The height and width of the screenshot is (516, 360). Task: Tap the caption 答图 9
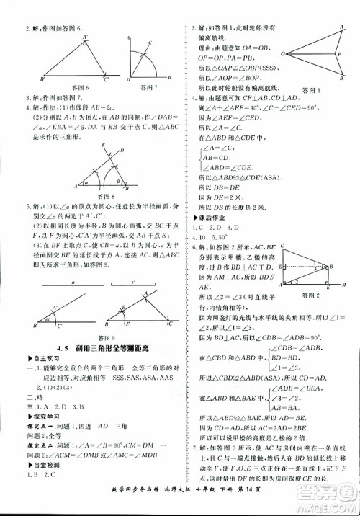(106, 337)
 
